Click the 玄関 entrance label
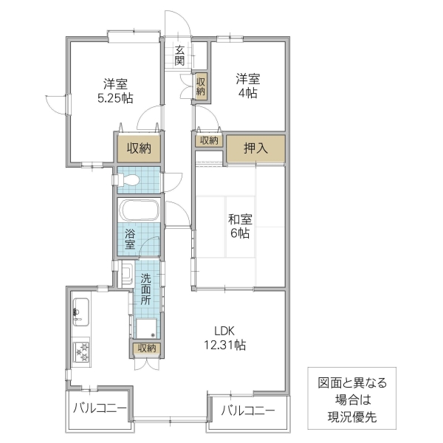point(179,55)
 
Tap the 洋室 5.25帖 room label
point(114,89)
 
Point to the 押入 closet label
point(256,148)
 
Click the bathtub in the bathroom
point(139,210)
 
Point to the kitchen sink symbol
point(80,314)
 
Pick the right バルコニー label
point(248,411)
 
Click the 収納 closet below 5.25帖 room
point(137,148)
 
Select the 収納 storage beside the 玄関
point(201,86)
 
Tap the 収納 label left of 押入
point(208,140)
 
